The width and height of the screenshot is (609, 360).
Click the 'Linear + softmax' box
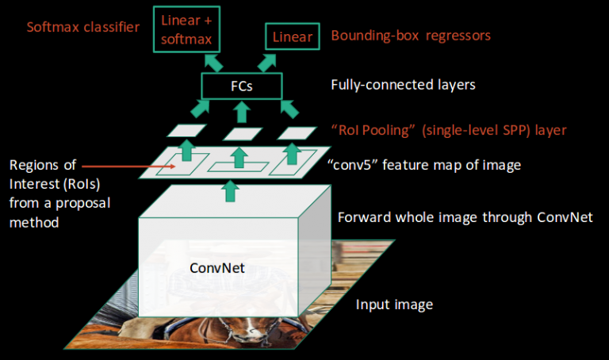point(191,29)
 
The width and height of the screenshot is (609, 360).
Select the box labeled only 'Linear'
point(293,36)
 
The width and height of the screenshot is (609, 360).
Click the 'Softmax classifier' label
point(82,27)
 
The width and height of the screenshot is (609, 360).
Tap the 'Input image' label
point(394,304)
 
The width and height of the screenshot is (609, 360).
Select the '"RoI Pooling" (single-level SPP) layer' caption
point(449,128)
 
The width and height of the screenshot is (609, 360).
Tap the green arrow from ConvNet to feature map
point(231,190)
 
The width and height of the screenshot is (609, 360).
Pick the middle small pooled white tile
point(243,132)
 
